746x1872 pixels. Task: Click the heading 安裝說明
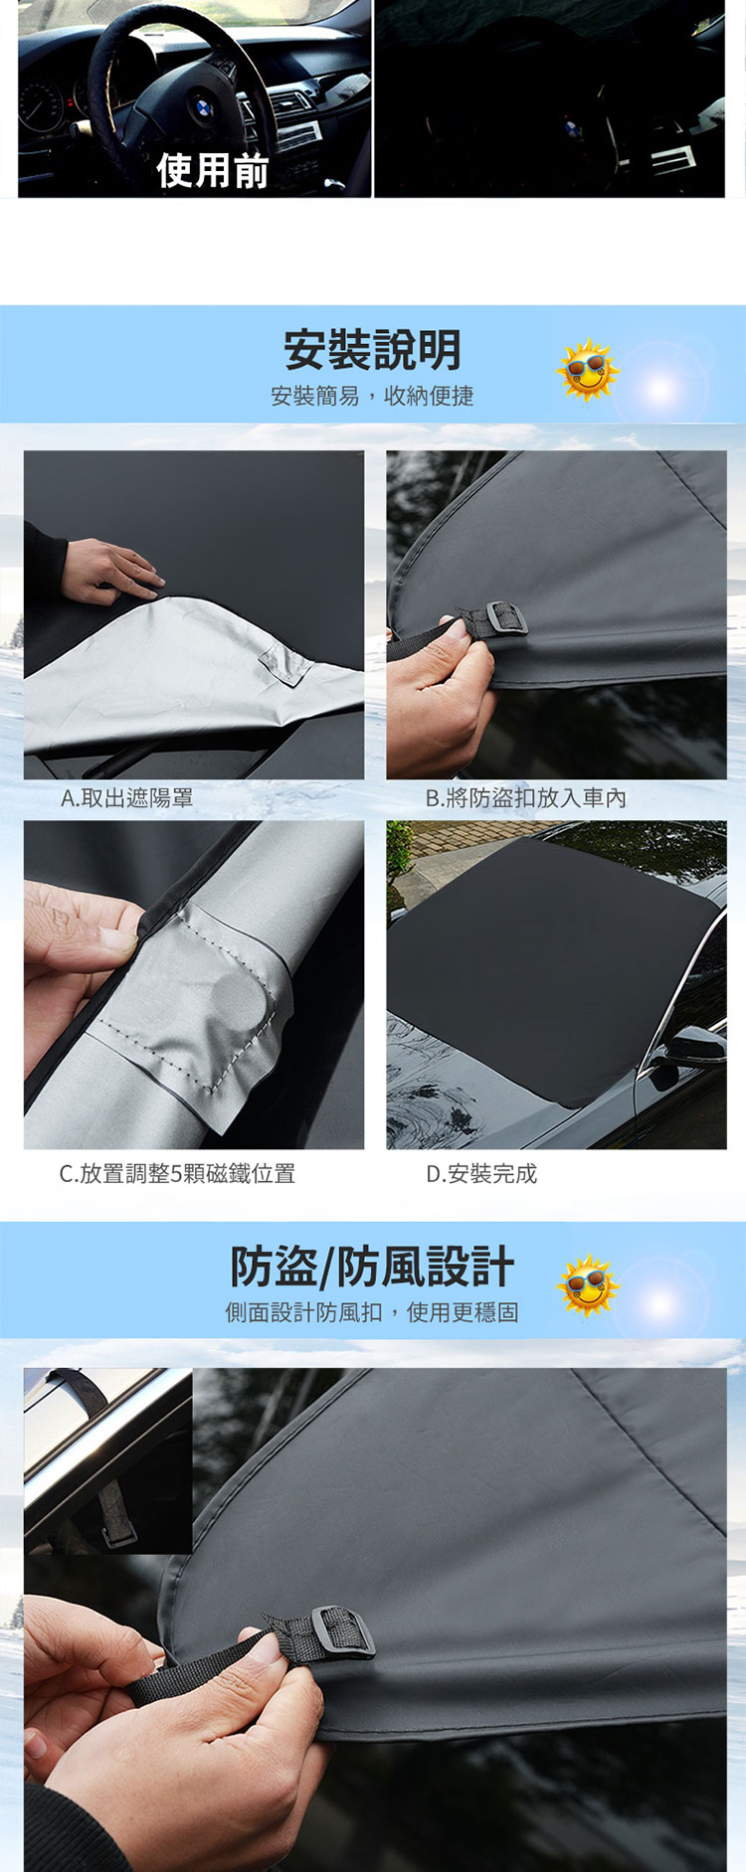373,349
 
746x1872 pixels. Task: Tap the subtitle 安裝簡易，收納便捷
372,396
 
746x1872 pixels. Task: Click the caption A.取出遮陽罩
126,797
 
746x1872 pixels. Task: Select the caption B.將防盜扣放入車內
526,797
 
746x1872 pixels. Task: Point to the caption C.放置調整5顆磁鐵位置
177,1173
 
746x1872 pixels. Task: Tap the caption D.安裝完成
481,1173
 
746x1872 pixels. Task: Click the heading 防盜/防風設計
372,1267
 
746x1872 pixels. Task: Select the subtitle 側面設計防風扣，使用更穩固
372,1312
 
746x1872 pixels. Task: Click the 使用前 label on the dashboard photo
213,171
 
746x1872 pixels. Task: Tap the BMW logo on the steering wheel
201,106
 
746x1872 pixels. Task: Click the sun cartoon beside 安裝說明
587,371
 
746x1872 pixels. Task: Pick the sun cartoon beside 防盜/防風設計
587,1284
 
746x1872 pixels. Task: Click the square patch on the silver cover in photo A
284,663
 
